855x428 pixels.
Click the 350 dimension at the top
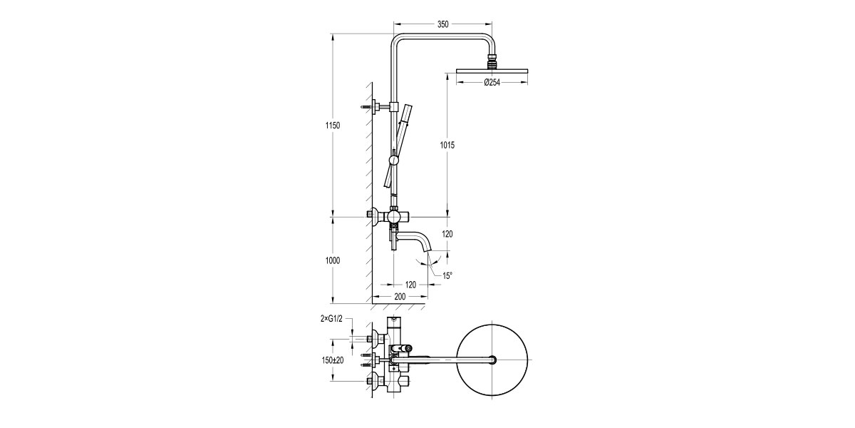pos(442,24)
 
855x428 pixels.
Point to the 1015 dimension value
pos(446,145)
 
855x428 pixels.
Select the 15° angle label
pos(447,275)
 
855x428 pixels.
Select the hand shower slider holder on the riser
pos(393,158)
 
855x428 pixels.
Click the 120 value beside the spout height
pos(446,234)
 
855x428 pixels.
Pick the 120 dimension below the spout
pos(410,284)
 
